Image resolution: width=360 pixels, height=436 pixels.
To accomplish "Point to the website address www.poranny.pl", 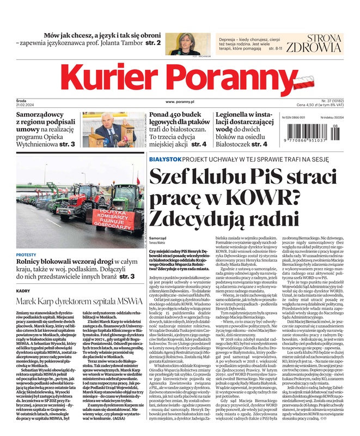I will pos(180,101).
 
